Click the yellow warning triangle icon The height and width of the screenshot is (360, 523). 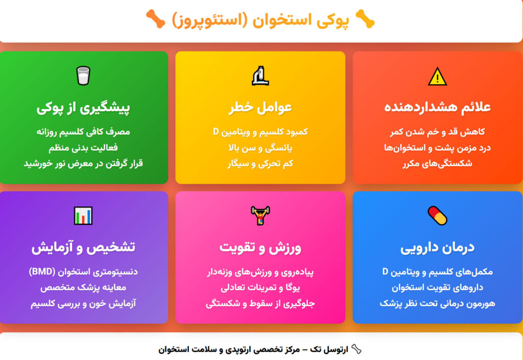click(437, 77)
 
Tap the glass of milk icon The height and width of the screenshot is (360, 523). click(83, 76)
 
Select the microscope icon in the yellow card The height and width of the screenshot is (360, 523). click(260, 76)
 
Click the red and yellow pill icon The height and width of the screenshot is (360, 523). click(437, 215)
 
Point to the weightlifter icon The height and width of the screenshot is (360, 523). click(260, 215)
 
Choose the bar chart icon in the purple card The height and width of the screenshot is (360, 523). click(83, 215)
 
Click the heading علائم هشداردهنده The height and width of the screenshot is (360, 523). click(437, 107)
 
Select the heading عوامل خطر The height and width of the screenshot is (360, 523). click(260, 107)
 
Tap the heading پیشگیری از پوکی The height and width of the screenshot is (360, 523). click(83, 108)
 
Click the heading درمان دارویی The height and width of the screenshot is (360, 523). click(437, 247)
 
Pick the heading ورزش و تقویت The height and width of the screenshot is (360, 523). click(260, 247)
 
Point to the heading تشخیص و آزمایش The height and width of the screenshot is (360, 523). click(83, 247)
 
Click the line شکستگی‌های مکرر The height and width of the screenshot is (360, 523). click(437, 164)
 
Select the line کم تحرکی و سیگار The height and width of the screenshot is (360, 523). click(260, 164)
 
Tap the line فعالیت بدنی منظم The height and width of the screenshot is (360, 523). click(83, 148)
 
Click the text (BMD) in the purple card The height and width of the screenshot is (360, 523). click(40, 272)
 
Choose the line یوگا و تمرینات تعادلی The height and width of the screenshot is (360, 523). click(260, 287)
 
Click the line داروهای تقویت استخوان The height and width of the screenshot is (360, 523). click(437, 287)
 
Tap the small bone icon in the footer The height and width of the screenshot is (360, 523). click(356, 350)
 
